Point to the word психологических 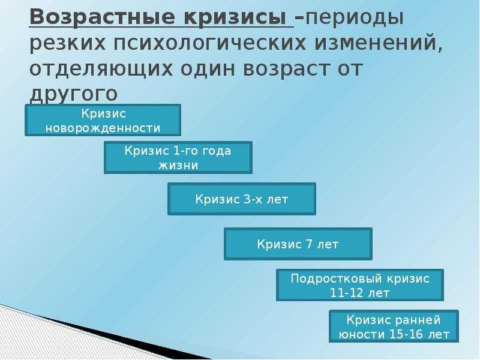[x=210, y=43]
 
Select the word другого [x=74, y=94]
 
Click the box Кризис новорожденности [x=103, y=121]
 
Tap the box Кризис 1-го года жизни [x=178, y=158]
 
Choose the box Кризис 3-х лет [x=242, y=199]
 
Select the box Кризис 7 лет [x=298, y=244]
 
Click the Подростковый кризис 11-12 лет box [x=360, y=285]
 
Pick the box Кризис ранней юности [x=394, y=326]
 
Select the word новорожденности [x=103, y=128]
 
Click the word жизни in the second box [x=178, y=166]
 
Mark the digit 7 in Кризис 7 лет [x=308, y=244]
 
